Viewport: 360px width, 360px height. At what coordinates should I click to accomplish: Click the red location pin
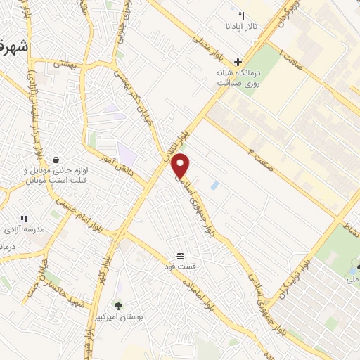tap(181, 165)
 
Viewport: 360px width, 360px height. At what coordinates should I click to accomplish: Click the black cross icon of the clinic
tap(238, 62)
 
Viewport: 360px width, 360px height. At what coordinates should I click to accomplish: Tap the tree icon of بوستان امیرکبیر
tap(117, 305)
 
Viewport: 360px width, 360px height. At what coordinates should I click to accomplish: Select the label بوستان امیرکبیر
tap(139, 318)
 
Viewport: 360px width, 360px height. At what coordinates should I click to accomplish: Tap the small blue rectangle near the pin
tap(214, 186)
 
